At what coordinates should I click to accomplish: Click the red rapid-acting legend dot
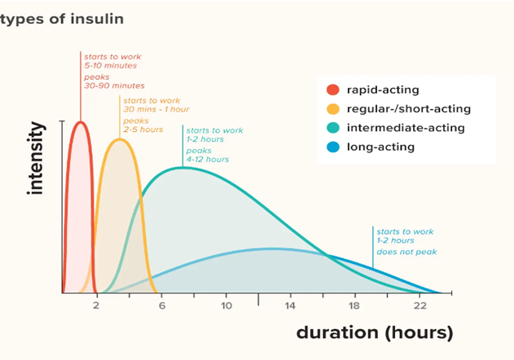tap(332, 90)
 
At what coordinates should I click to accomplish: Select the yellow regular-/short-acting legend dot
tap(332, 108)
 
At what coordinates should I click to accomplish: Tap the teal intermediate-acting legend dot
tap(332, 128)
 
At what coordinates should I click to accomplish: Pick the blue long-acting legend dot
tap(332, 147)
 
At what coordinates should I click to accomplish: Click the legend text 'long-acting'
tap(381, 147)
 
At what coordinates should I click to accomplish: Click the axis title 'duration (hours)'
tap(374, 332)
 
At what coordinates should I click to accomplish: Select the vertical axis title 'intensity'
tap(36, 160)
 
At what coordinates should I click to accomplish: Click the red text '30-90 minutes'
tap(114, 86)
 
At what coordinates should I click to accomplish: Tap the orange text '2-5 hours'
tap(143, 130)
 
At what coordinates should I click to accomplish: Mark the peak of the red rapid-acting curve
tap(81, 121)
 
